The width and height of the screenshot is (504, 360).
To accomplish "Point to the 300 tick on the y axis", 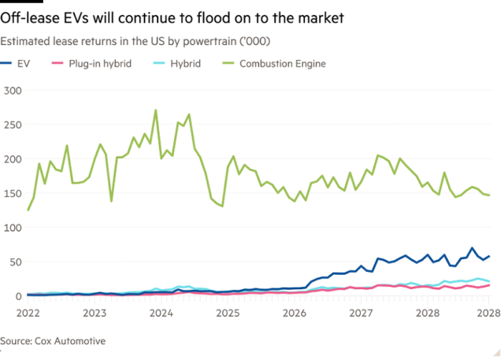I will point(13,91).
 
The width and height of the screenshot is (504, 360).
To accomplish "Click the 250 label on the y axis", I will point(13,125).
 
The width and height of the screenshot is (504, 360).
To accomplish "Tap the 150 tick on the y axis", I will point(13,194).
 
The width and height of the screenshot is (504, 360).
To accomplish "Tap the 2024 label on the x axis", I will point(161,312).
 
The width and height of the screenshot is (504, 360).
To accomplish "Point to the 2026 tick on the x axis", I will point(295,312).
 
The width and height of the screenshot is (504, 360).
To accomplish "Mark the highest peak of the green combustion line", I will point(156,110).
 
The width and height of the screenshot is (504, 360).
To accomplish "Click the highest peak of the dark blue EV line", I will point(472,248).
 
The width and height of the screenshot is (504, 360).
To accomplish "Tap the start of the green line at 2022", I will point(28,210).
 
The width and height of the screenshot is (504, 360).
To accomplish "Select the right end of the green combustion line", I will point(488,195).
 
